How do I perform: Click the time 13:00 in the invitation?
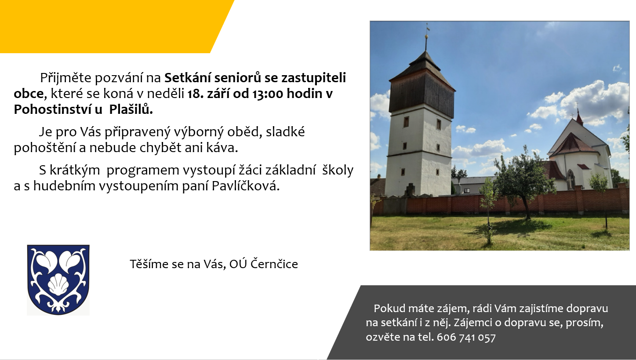pos(268,94)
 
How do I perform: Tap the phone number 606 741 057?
pos(466,337)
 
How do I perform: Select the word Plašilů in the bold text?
pos(131,109)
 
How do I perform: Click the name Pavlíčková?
pos(246,186)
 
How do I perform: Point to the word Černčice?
pos(274,264)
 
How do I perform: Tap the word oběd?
pos(244,132)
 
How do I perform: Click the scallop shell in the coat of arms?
pos(58,284)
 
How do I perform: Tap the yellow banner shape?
pos(113,26)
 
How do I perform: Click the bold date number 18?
pos(194,94)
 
